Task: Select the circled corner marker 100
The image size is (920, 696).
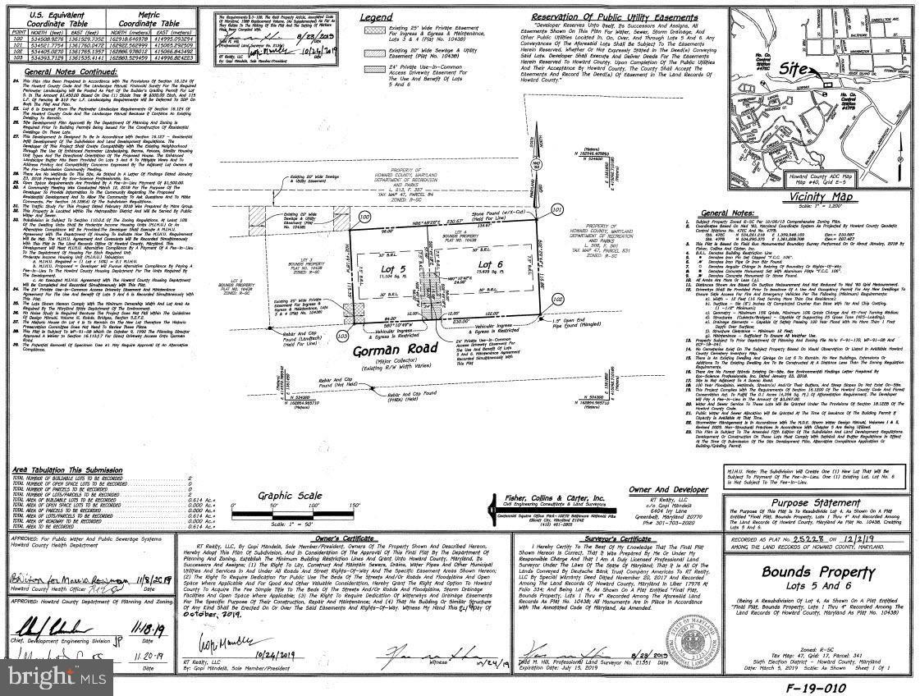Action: pyautogui.click(x=365, y=217)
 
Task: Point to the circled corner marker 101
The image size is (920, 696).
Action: pyautogui.click(x=558, y=209)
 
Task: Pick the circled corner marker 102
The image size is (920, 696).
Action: pyautogui.click(x=558, y=323)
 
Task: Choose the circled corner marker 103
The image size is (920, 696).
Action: pyautogui.click(x=342, y=336)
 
